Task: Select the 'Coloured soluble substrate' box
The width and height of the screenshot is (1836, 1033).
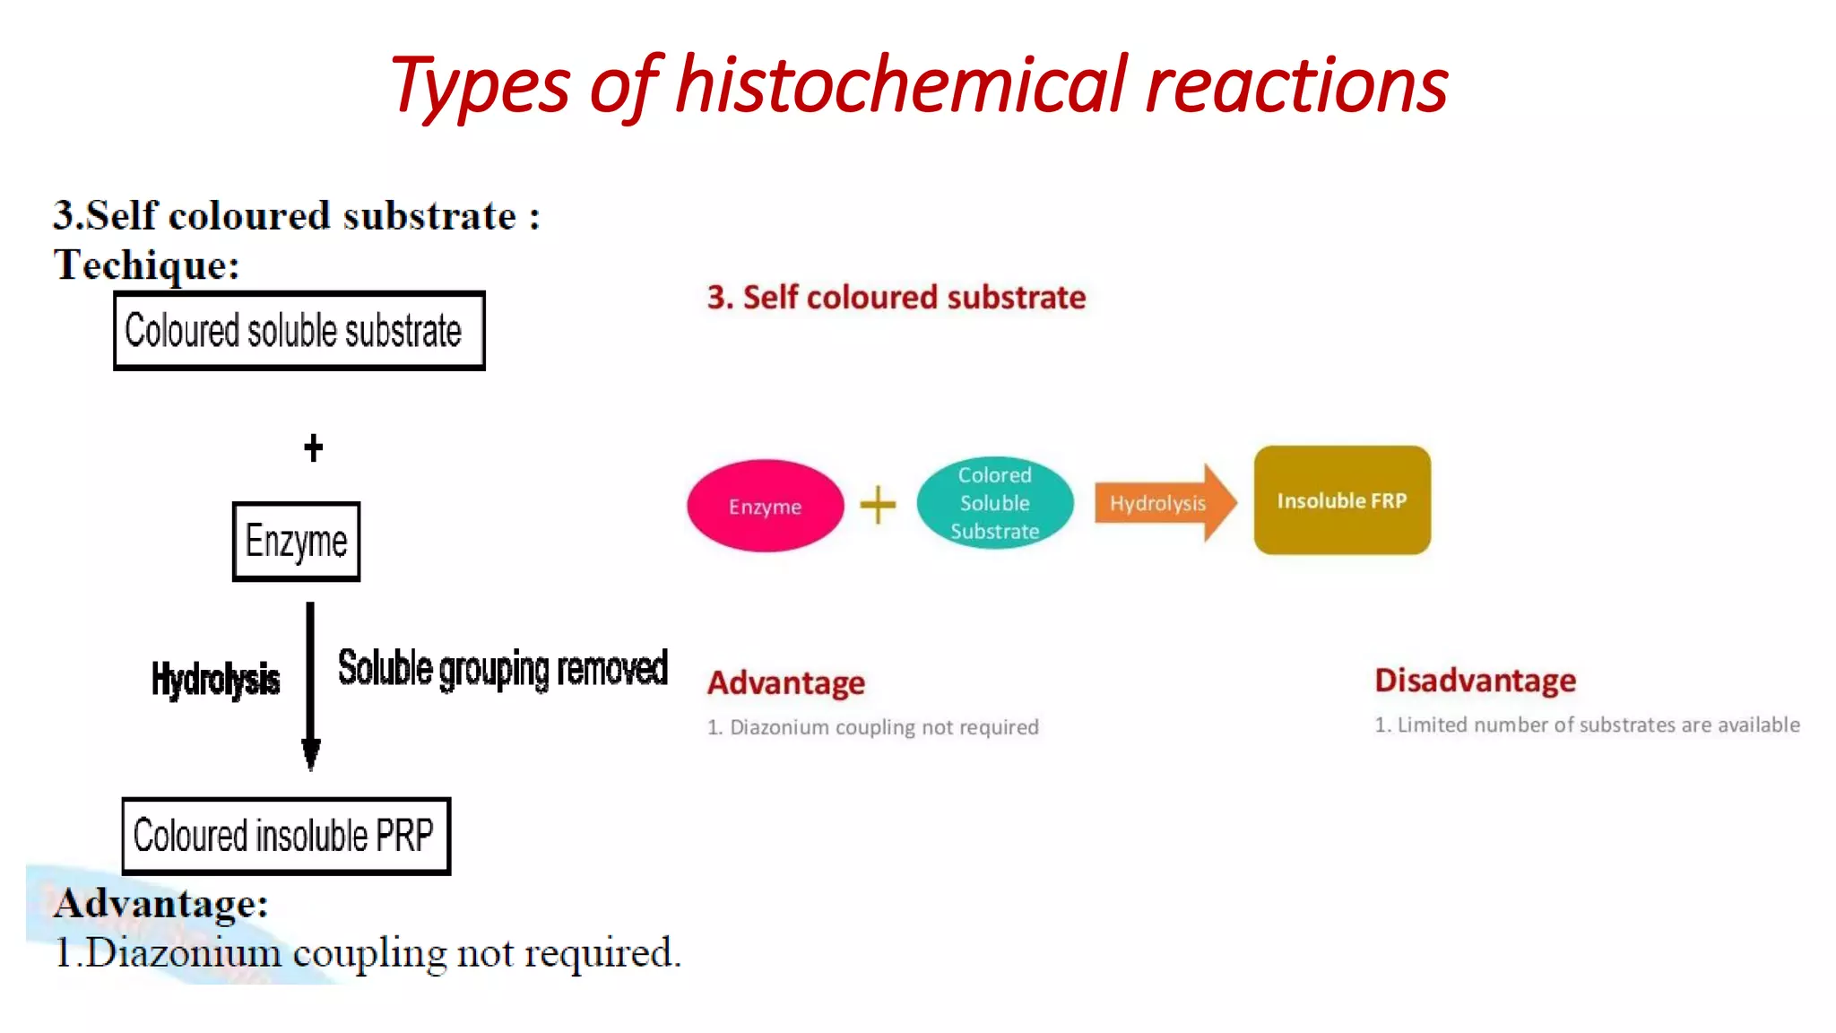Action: [x=299, y=331]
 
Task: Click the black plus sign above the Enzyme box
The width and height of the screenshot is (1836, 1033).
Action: [x=313, y=447]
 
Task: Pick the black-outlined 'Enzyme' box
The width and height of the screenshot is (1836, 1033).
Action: [x=296, y=542]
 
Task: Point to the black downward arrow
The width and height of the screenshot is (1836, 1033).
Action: [x=310, y=686]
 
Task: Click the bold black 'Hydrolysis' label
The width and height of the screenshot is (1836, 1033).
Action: [x=215, y=679]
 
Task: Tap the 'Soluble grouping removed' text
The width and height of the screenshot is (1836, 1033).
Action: [x=502, y=669]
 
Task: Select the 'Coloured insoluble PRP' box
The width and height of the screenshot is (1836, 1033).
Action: [x=286, y=836]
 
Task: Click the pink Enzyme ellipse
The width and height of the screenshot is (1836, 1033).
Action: [x=765, y=506]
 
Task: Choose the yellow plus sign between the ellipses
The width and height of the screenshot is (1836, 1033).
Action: [x=878, y=504]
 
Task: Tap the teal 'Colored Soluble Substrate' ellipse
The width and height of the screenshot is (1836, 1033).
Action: [x=994, y=503]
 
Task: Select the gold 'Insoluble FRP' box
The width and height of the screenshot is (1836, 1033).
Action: [x=1341, y=500]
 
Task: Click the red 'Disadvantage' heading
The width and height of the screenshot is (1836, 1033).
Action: [x=1475, y=680]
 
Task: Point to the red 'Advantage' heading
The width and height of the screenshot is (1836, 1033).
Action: [x=785, y=682]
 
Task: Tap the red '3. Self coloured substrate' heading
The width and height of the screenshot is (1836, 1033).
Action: [x=896, y=297]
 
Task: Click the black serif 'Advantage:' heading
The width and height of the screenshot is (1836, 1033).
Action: [x=161, y=903]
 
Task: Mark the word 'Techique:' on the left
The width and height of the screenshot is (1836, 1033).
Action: [x=146, y=265]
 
